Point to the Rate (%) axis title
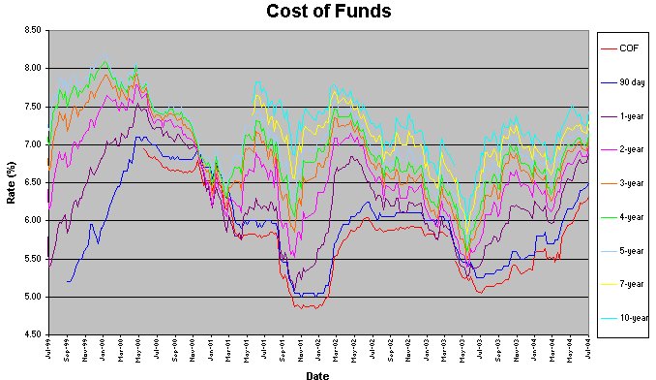click(12, 182)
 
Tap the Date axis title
click(317, 373)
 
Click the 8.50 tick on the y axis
click(32, 30)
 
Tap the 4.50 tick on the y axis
click(32, 335)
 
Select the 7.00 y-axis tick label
click(32, 144)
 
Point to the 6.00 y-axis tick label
click(32, 221)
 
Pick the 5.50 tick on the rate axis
click(32, 259)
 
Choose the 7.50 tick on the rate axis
click(32, 107)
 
